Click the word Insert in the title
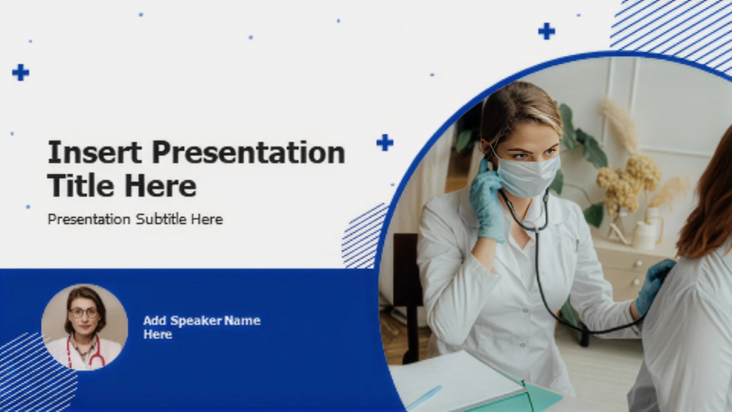95,152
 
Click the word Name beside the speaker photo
242,321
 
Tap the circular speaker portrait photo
85,327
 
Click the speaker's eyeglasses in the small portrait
84,313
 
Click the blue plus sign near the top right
546,31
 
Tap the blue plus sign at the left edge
21,72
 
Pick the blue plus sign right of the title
385,143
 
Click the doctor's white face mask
528,176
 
